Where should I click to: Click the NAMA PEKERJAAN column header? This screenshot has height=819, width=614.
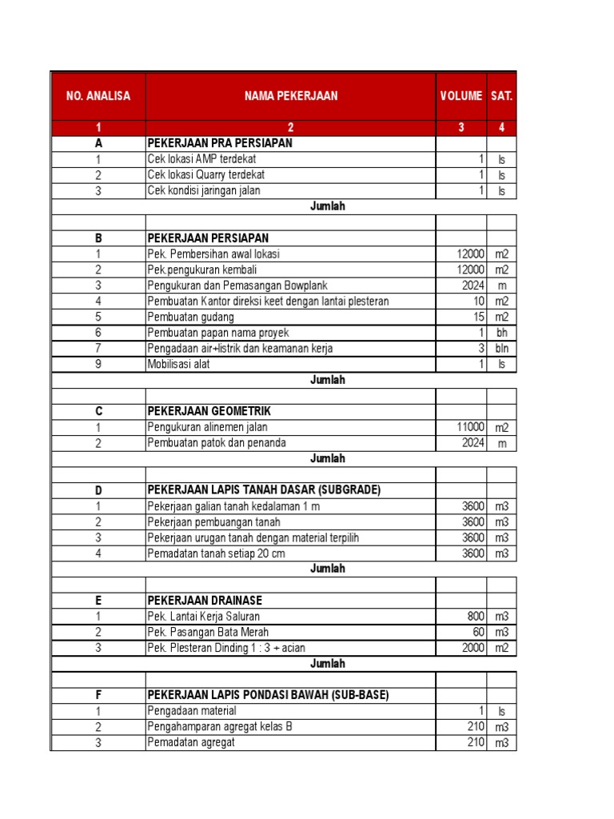290,96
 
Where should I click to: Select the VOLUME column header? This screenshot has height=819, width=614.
460,96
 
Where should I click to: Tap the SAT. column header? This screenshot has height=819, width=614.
502,96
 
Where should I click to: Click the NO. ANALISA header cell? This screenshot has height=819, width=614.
98,96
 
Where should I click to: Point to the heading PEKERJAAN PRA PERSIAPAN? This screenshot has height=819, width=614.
220,143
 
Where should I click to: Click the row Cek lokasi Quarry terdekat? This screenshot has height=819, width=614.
206,174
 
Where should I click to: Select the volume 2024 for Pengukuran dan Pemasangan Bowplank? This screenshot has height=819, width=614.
472,286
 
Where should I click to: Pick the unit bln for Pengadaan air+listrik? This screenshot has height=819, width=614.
502,349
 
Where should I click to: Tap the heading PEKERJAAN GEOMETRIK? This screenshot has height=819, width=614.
209,411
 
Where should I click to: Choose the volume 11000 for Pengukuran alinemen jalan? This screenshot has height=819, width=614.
470,427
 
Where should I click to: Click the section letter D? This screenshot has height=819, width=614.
98,489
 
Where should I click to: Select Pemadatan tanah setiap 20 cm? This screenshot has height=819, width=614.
216,553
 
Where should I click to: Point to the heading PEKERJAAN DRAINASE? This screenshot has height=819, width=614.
205,600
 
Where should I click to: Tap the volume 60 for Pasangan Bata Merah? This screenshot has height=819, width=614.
478,632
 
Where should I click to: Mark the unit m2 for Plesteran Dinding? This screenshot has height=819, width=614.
502,648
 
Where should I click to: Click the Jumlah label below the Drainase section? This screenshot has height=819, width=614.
328,663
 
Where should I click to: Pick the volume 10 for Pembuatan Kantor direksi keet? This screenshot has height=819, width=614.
478,302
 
